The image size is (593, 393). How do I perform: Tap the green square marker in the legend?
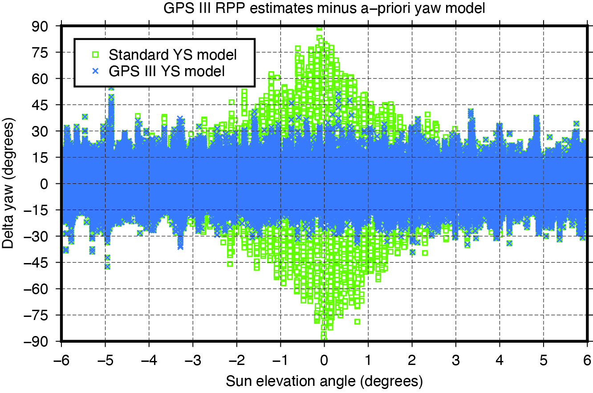click(95, 55)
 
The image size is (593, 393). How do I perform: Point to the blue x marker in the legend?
click(95, 70)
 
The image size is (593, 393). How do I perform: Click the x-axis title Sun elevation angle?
click(324, 381)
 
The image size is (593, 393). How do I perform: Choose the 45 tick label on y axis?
click(45, 105)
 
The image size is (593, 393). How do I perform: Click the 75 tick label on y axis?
click(45, 53)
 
